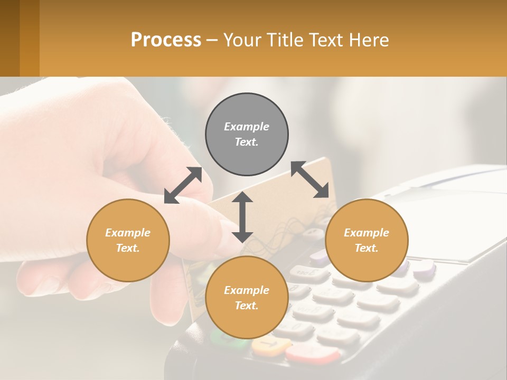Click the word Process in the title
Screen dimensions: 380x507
[x=166, y=40]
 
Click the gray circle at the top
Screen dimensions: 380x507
[x=247, y=134]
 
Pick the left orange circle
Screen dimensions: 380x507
[x=128, y=240]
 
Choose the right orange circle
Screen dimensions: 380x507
[x=367, y=240]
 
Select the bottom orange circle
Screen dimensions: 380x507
[x=247, y=297]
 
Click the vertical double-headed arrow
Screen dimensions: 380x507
[x=242, y=217]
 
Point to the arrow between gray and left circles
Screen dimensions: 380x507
[x=183, y=185]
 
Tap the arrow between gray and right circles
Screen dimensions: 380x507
[x=310, y=179]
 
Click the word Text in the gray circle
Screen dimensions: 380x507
[x=246, y=142]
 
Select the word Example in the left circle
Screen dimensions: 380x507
[x=128, y=233]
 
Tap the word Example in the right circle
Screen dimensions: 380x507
[x=367, y=233]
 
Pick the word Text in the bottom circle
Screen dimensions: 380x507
[x=246, y=306]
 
